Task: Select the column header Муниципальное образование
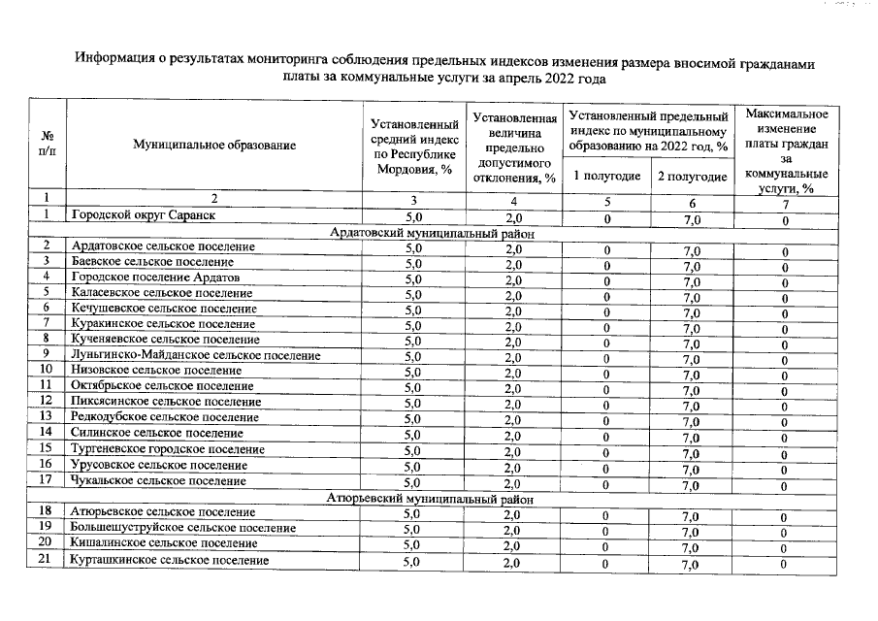tap(214, 145)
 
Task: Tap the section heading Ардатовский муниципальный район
tap(431, 233)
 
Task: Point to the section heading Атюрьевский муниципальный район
tap(429, 499)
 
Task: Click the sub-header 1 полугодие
tap(606, 176)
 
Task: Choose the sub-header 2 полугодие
tap(692, 176)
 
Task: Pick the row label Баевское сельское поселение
tap(151, 262)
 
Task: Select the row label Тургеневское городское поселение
tap(167, 449)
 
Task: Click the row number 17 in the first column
tap(46, 479)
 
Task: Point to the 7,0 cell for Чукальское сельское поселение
tap(692, 483)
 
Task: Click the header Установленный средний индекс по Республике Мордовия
tap(414, 146)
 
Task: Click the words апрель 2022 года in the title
tap(549, 78)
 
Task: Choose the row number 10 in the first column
tap(46, 370)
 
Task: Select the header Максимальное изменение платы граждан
tap(786, 150)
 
